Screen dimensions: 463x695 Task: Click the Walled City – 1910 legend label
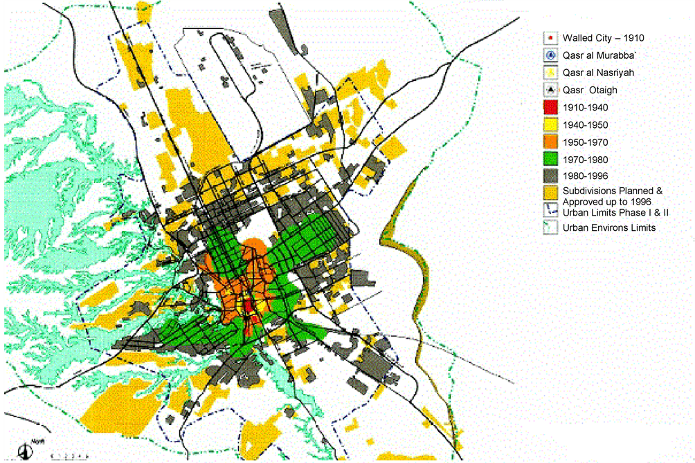(603, 38)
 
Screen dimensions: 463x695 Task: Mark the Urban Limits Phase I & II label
(615, 212)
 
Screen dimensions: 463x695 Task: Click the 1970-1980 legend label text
(585, 159)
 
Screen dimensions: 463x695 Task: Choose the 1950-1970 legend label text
(585, 142)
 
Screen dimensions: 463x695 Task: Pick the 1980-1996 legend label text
(585, 176)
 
